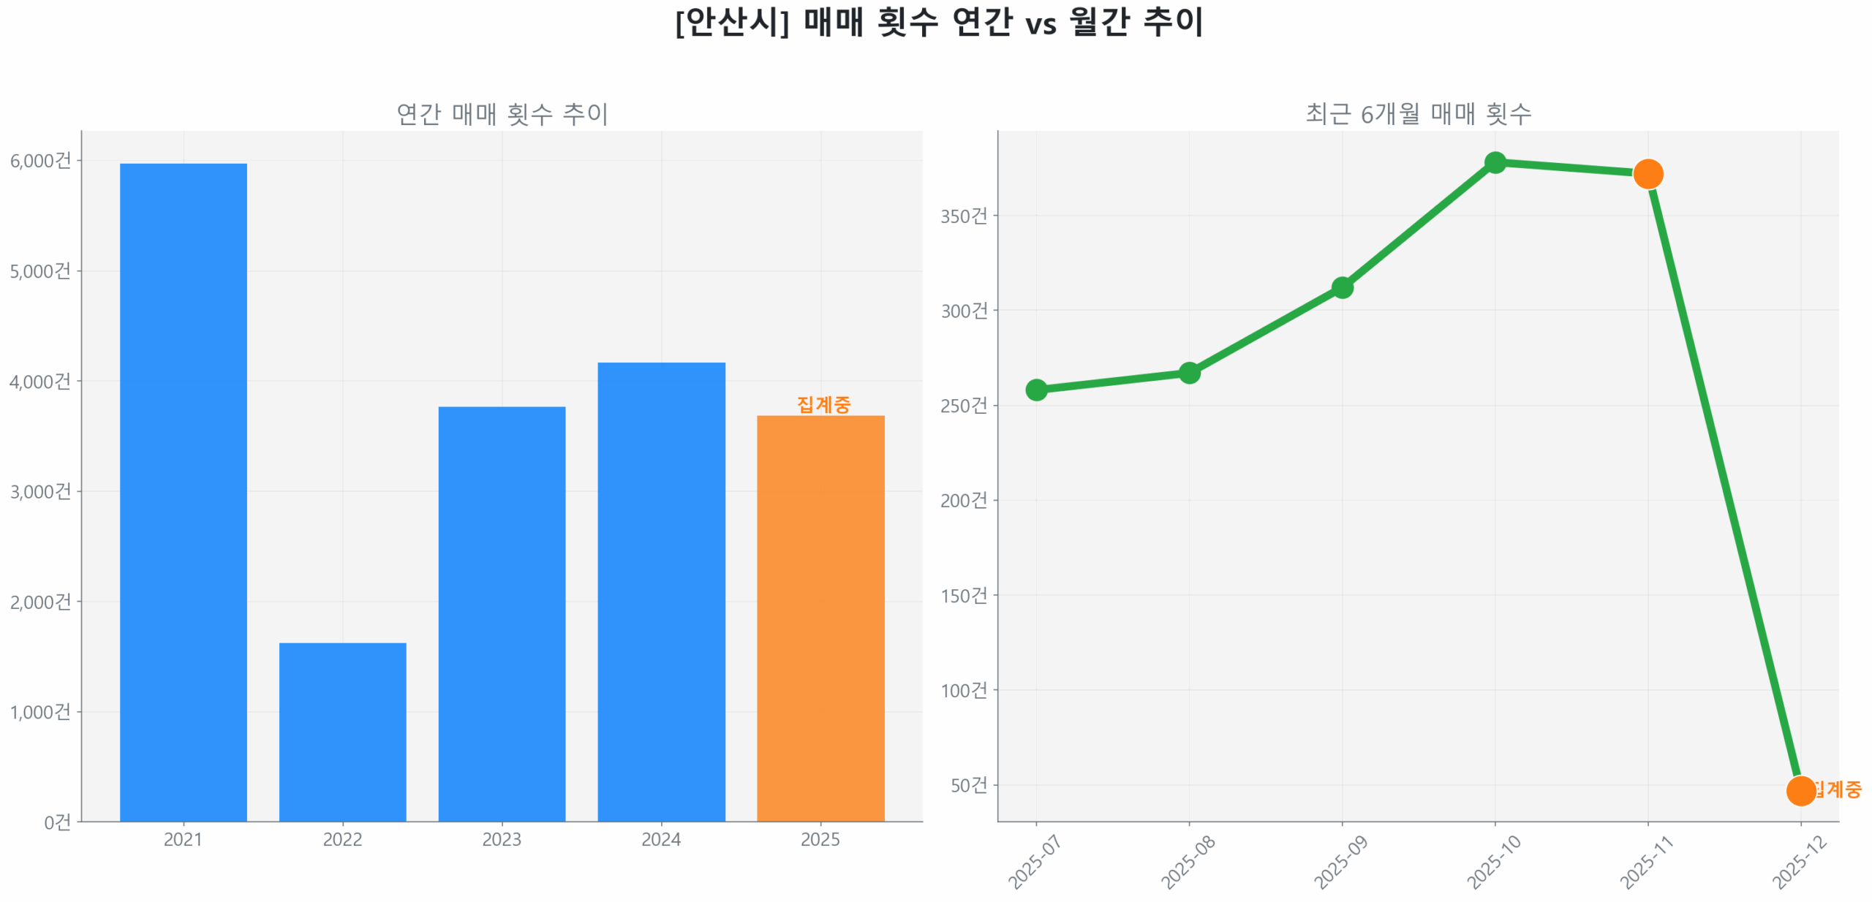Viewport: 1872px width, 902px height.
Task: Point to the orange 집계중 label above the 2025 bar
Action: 823,404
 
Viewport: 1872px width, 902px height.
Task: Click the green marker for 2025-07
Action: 1036,390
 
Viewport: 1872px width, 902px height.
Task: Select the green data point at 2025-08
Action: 1189,373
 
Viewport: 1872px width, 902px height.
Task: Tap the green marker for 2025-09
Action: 1342,287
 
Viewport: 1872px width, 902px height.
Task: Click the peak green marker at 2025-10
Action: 1495,162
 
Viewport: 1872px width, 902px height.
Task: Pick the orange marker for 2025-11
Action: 1648,174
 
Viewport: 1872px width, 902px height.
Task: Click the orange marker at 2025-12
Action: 1800,790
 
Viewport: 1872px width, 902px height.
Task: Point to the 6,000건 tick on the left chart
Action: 41,161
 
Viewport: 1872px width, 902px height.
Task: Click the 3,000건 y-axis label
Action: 41,491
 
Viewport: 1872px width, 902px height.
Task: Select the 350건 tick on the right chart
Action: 963,216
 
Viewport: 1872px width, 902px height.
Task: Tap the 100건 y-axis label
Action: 963,690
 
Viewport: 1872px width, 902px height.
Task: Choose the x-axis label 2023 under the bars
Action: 502,839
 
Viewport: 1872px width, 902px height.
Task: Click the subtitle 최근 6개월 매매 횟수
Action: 1418,113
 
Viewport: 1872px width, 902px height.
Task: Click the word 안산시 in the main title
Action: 731,22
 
